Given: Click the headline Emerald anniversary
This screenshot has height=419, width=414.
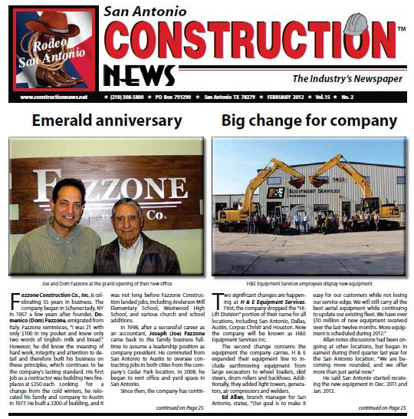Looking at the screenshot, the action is (x=107, y=121).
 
